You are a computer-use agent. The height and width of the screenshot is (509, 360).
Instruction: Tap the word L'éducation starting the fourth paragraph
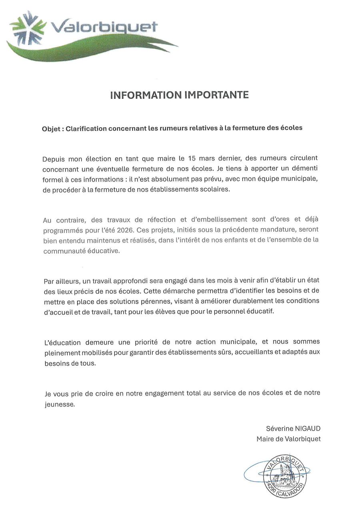pyautogui.click(x=62, y=342)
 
